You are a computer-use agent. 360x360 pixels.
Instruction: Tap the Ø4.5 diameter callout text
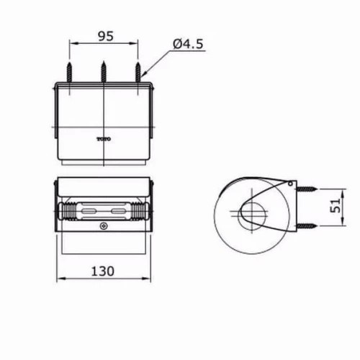point(188,45)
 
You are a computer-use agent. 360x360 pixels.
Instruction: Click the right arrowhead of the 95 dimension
point(136,43)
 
